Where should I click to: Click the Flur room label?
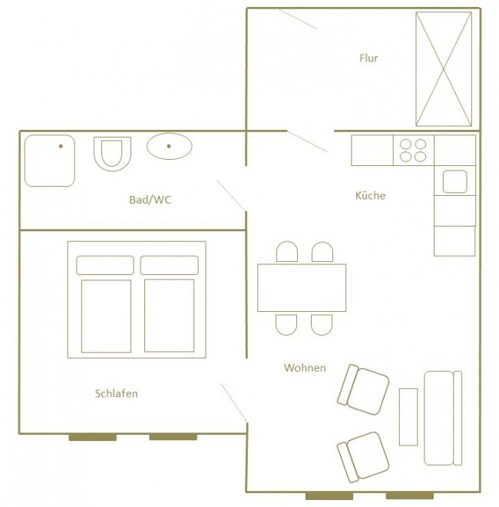coord(368,58)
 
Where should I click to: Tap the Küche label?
coord(370,196)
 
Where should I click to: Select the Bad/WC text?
coord(150,200)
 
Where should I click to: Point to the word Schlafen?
coord(117,393)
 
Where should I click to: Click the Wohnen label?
coord(305,368)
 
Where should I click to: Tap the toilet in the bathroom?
coord(113,154)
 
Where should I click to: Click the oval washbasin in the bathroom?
coord(170,146)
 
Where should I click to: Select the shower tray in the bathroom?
coord(50,161)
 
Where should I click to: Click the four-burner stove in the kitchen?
coord(413,151)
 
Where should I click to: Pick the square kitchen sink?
coord(454,182)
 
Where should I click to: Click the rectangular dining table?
coord(302,288)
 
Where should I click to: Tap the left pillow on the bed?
coord(105,265)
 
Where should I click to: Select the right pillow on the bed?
coord(170,265)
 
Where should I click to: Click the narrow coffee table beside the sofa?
coord(408,417)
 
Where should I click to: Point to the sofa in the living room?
coord(443,418)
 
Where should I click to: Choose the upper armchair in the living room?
coord(363,389)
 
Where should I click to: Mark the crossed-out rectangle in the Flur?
coord(444,69)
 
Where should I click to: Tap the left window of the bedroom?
coord(93,437)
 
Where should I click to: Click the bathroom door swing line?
coord(231,196)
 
